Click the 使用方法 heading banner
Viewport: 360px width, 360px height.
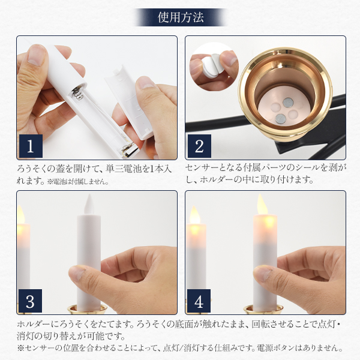181,17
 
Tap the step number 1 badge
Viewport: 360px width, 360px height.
31,146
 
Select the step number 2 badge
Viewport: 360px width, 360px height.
199,146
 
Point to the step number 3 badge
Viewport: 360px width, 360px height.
31,301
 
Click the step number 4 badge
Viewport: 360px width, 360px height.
199,301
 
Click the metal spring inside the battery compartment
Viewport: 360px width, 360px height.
78,94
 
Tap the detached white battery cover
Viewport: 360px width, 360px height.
128,102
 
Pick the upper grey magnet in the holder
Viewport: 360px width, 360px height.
288,103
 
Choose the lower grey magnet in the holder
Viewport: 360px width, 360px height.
280,118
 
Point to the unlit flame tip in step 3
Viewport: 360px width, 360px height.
89,204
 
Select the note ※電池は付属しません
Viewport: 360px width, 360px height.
78,182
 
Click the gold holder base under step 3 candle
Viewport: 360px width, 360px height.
88,310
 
